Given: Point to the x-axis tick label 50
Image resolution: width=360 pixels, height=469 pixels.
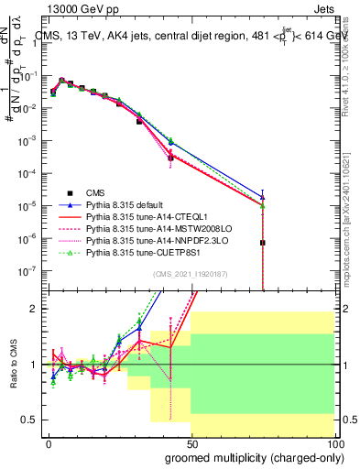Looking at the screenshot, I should (191, 442).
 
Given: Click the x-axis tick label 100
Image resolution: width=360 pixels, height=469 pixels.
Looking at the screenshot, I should (334, 442).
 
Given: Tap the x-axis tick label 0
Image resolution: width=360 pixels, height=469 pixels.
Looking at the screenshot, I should (49, 442).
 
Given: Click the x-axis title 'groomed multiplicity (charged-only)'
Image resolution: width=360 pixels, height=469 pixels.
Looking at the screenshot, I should (251, 456).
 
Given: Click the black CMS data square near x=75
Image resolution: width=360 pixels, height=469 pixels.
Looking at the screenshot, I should (263, 243).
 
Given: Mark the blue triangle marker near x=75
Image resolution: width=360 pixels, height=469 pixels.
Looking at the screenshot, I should (263, 195).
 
